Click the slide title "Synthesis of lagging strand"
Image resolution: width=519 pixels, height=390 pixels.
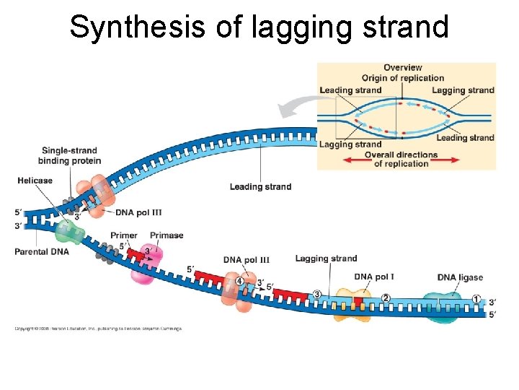[x=259, y=27]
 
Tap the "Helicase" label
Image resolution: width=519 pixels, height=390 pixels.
[x=35, y=181]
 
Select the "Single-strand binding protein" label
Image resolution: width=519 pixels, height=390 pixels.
[x=70, y=155]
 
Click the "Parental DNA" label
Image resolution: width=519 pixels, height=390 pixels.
[x=42, y=252]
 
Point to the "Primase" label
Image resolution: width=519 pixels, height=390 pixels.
[x=167, y=235]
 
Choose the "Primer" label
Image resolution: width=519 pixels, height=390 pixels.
[x=123, y=235]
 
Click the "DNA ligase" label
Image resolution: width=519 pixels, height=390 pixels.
[x=460, y=277]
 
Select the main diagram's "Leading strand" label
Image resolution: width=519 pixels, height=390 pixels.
[x=260, y=187]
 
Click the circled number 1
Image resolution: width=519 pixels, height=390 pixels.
[x=476, y=299]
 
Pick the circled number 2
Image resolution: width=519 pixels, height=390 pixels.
[x=386, y=298]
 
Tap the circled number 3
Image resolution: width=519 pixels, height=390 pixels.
[x=316, y=294]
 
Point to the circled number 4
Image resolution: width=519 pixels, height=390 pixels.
[x=239, y=281]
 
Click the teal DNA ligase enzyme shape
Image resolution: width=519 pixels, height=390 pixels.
[x=441, y=307]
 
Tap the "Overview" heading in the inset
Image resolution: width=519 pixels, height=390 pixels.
[x=402, y=68]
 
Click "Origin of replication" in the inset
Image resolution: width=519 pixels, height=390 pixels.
[x=402, y=78]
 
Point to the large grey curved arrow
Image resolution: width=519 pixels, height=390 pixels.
[x=296, y=108]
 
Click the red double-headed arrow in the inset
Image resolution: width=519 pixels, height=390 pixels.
[x=401, y=159]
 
